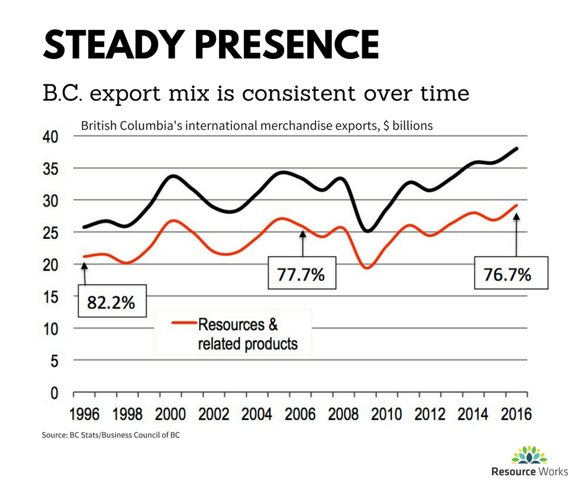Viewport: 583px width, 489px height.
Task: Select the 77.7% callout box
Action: tap(301, 272)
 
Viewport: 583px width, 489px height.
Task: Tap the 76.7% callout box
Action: tap(511, 272)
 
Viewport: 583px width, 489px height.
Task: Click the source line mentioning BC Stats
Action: tap(111, 436)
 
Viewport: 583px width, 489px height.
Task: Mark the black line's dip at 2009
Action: tap(368, 231)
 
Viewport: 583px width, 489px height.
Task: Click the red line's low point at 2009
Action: tap(367, 267)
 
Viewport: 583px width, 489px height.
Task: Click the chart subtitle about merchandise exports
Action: tap(257, 125)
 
